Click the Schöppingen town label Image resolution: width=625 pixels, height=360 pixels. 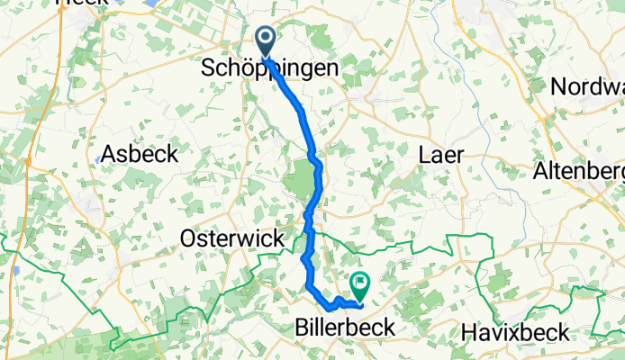(269, 69)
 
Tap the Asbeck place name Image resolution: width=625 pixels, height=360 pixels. (139, 154)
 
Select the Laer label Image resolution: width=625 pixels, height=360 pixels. (441, 155)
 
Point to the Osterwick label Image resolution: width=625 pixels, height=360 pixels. (232, 239)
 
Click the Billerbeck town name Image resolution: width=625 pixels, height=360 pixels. (345, 328)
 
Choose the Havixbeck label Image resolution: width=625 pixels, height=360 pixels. (517, 332)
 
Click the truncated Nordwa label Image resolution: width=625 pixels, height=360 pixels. (586, 87)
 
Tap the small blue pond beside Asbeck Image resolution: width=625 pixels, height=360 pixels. (97, 160)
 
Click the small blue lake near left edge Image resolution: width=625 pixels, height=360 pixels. (16, 270)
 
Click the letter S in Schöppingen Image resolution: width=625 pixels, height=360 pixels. (206, 69)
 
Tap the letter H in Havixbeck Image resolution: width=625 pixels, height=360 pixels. (468, 332)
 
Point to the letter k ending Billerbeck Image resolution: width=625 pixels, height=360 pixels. (389, 328)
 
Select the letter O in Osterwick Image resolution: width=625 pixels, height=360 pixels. (188, 239)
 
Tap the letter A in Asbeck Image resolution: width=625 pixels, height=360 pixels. (110, 154)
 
